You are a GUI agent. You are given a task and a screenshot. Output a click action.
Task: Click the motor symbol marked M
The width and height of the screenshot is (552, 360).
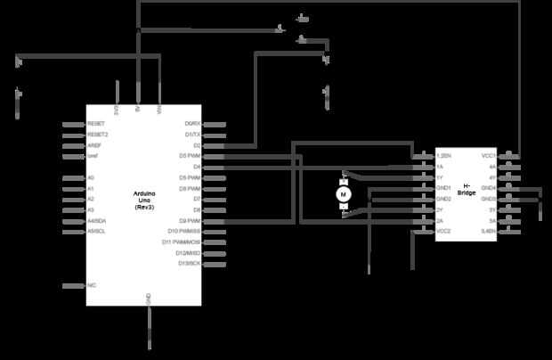[x=344, y=192]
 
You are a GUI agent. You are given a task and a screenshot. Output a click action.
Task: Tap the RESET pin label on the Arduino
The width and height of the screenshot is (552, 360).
[x=96, y=124]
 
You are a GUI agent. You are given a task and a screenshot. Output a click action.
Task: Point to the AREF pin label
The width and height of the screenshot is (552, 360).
[x=95, y=145]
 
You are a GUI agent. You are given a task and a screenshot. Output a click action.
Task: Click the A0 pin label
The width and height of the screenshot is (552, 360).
[x=91, y=178]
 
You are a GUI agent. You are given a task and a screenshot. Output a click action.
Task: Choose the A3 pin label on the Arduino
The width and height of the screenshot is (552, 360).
[x=91, y=210]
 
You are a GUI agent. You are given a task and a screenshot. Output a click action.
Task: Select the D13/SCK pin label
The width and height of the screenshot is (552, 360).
[x=191, y=264]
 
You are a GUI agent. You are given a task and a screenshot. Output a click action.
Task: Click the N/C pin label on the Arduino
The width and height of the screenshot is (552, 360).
[x=92, y=285]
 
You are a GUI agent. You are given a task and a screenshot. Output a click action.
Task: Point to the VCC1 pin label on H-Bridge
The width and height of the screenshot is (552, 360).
[x=488, y=156]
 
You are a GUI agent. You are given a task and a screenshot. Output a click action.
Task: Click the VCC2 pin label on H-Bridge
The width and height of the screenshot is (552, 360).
[x=443, y=231]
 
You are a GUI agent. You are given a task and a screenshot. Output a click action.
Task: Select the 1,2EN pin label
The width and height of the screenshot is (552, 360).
[x=444, y=156]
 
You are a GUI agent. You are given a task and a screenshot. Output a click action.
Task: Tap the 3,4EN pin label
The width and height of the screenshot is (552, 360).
[x=488, y=231]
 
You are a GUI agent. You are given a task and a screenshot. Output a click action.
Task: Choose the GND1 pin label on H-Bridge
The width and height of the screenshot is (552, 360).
[x=443, y=188]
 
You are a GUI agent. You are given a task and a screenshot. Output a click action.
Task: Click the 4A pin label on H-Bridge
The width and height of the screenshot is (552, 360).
[x=491, y=167]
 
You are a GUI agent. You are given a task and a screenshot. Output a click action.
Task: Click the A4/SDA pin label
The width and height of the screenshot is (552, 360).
[x=96, y=221]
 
